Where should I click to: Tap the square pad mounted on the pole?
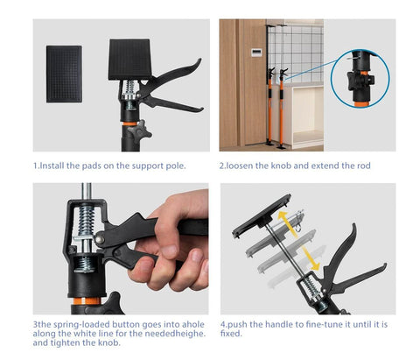pos(130,60)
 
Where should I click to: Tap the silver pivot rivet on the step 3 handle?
pos(111,237)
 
